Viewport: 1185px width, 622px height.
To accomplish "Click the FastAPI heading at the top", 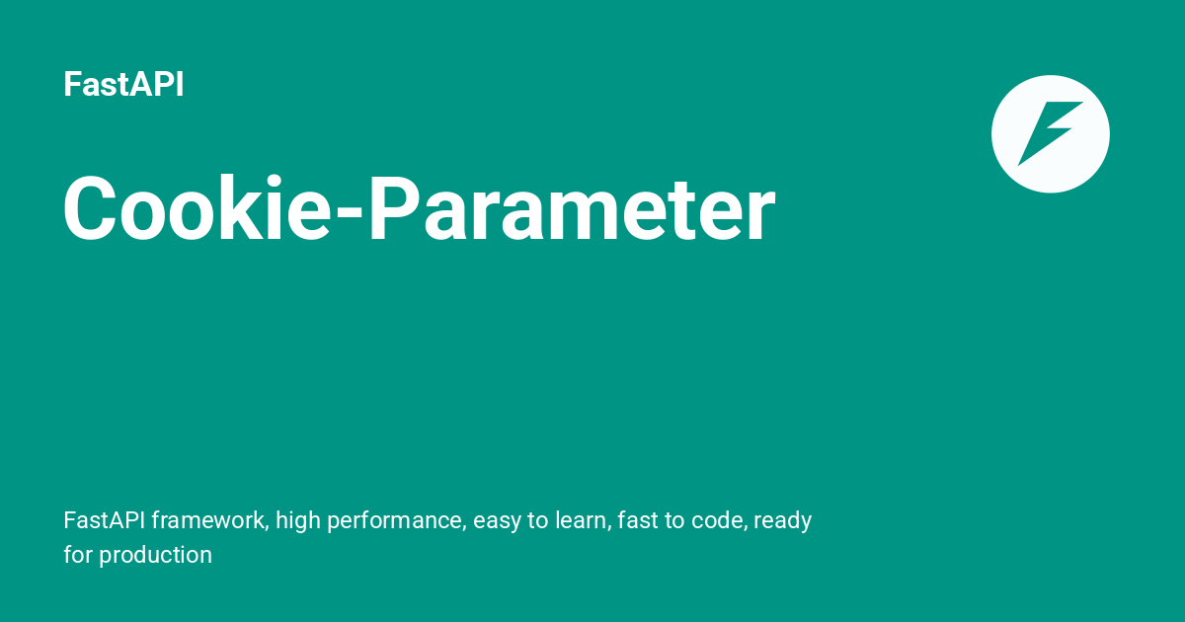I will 123,85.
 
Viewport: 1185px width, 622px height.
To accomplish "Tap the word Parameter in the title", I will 572,210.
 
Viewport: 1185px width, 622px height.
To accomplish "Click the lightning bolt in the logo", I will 1050,133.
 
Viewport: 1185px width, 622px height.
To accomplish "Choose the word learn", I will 582,520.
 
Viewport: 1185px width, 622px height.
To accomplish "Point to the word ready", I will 783,521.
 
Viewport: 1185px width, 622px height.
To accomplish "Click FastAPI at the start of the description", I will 104,520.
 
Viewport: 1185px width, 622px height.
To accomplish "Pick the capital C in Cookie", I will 92,210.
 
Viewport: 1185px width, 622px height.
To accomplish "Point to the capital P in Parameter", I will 392,210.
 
